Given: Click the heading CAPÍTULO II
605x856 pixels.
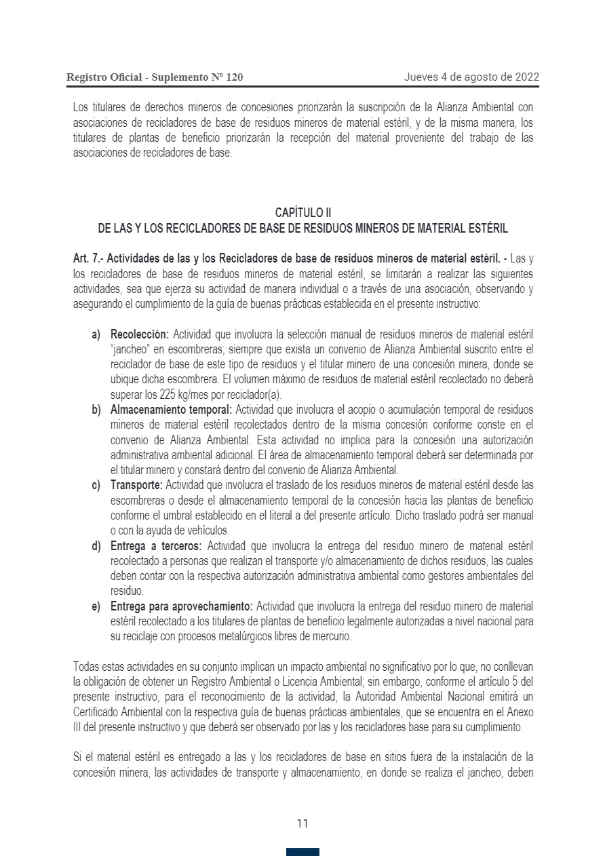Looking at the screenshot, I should point(302,214).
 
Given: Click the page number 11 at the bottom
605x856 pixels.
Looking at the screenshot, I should point(302,823).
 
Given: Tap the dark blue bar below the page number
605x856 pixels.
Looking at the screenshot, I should point(302,852).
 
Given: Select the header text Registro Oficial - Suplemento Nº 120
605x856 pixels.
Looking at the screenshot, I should point(155,77).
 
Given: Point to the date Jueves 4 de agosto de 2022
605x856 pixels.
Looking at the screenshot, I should point(471,77).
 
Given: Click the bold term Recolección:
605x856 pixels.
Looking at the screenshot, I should point(140,334).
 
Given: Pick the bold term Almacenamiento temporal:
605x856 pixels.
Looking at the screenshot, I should point(171,410).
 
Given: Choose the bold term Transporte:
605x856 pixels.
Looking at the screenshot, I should point(136,485).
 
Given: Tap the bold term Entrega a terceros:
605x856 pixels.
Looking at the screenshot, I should point(156,546).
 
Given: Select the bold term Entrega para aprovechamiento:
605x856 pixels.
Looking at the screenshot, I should point(182,606).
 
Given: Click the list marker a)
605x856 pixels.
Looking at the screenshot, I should point(96,334).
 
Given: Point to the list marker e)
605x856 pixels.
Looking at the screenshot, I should point(96,606).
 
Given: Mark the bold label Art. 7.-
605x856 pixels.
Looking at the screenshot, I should point(88,258).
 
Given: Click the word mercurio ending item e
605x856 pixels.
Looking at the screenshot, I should point(331,637).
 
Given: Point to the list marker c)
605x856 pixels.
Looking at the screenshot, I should point(96,485).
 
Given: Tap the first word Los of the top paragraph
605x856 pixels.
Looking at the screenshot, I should point(80,108).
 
